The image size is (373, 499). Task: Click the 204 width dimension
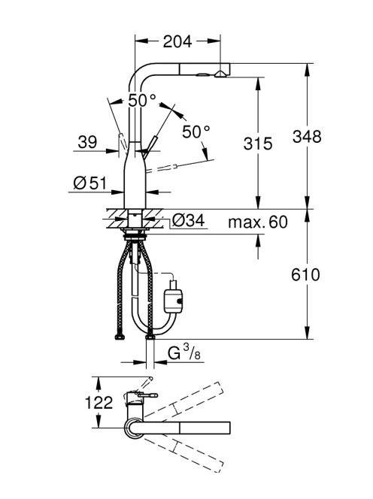(x=177, y=41)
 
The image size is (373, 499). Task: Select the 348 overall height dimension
(x=307, y=137)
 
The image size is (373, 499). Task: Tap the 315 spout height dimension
(x=258, y=144)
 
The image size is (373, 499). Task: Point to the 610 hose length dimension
(x=305, y=274)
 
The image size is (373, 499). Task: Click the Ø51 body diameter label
(x=89, y=183)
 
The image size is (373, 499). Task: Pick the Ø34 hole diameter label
(x=188, y=220)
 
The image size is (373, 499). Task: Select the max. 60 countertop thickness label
(x=258, y=222)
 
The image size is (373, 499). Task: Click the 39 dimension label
(x=87, y=142)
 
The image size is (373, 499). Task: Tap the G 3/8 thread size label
(x=184, y=352)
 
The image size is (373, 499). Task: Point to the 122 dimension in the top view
(x=99, y=403)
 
